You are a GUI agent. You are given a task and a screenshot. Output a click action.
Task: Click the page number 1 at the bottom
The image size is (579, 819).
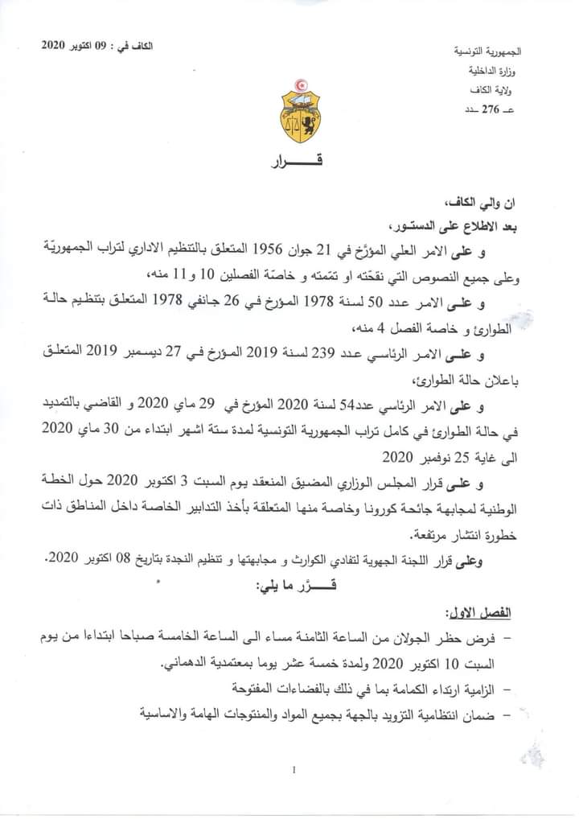(x=294, y=770)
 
